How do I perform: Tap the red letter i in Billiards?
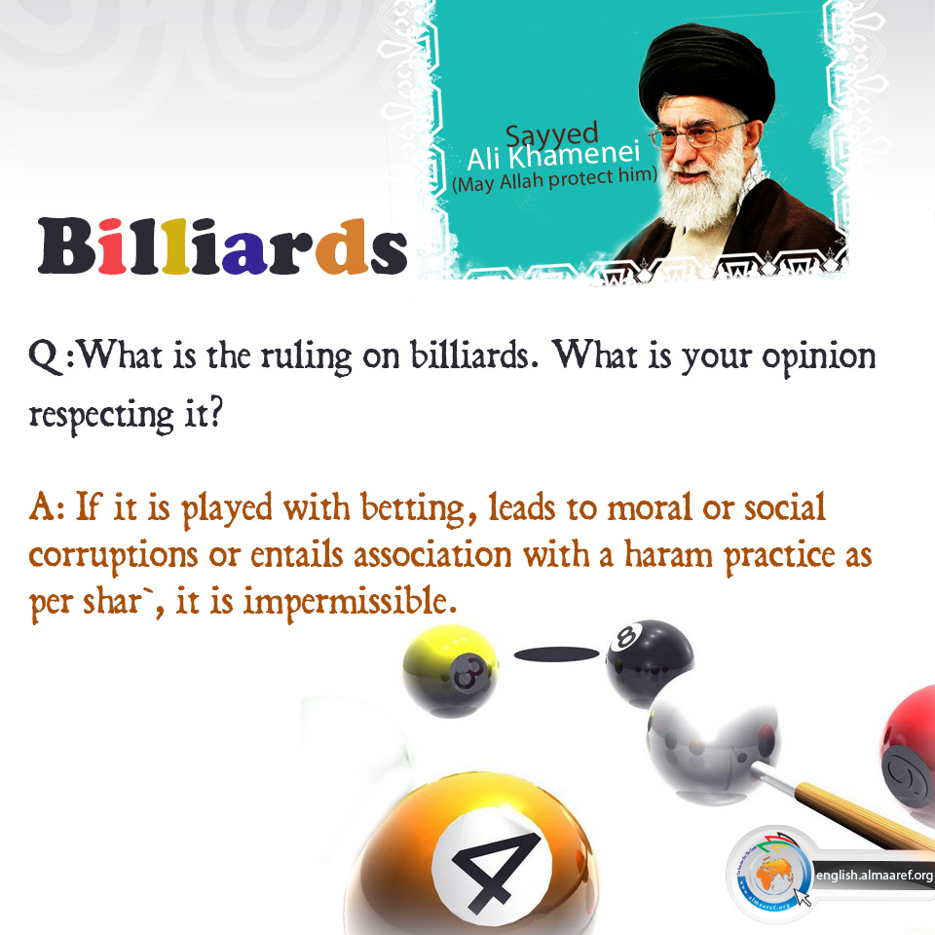[x=112, y=246]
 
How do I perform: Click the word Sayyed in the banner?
[x=551, y=135]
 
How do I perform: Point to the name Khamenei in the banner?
[x=575, y=155]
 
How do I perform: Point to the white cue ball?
[x=712, y=745]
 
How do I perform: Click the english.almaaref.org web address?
[x=875, y=875]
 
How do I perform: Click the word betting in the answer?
[x=412, y=508]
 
